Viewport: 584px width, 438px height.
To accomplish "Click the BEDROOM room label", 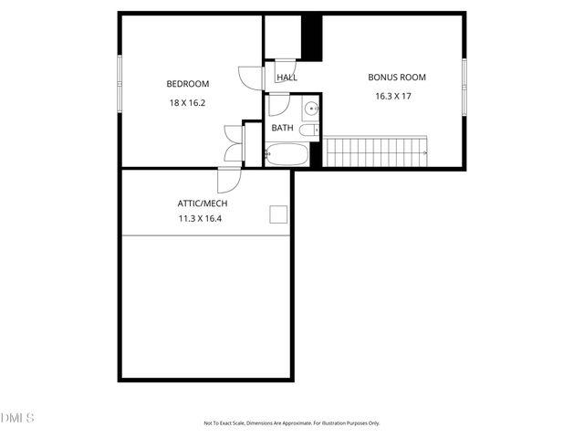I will [x=187, y=84].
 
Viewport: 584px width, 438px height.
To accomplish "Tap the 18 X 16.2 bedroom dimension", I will [x=187, y=103].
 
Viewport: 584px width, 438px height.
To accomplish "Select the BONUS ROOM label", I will [x=397, y=78].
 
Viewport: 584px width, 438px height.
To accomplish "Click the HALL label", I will [x=287, y=78].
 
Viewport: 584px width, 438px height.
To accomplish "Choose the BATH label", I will [x=282, y=128].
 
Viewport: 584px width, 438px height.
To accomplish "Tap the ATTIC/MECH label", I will [x=203, y=203].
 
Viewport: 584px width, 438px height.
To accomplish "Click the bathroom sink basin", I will [x=312, y=109].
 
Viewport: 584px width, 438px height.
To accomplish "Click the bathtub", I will [x=287, y=153].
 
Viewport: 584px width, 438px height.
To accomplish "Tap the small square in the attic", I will [x=278, y=214].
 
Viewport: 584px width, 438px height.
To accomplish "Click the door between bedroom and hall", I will [x=250, y=78].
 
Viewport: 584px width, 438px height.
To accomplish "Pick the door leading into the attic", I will [x=229, y=178].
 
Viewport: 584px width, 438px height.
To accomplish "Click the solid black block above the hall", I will [x=312, y=37].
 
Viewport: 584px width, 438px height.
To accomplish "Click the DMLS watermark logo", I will [x=16, y=418].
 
